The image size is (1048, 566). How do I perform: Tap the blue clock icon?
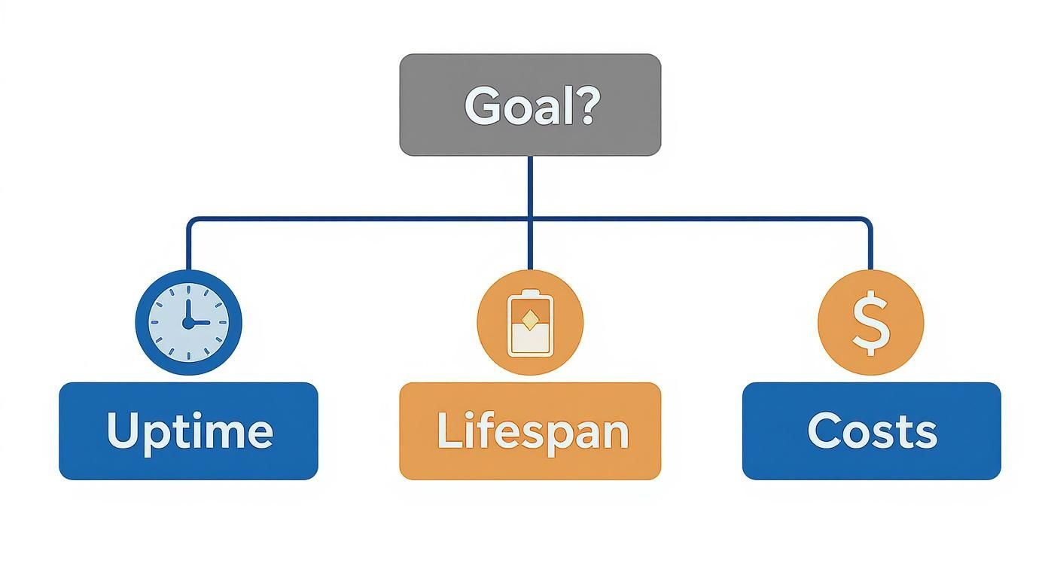click(x=188, y=321)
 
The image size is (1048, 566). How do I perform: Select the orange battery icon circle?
click(x=530, y=321)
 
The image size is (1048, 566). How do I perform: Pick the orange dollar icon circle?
click(x=870, y=321)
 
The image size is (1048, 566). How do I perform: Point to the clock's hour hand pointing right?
click(x=198, y=323)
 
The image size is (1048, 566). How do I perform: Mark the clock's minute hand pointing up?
click(x=187, y=310)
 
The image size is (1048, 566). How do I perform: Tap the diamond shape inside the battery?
click(x=530, y=321)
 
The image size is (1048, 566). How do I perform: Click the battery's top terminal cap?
click(x=530, y=292)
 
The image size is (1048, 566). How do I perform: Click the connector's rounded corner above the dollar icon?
click(x=868, y=221)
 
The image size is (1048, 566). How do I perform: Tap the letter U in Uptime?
click(x=123, y=430)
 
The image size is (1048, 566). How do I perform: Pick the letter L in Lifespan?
click(x=448, y=430)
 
